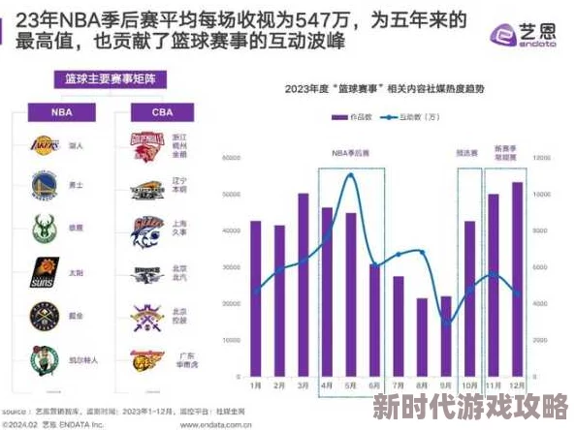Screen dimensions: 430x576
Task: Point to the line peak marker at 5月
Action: click(349, 175)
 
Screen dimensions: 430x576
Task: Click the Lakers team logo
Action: click(43, 146)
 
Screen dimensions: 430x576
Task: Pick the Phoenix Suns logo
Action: click(43, 270)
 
